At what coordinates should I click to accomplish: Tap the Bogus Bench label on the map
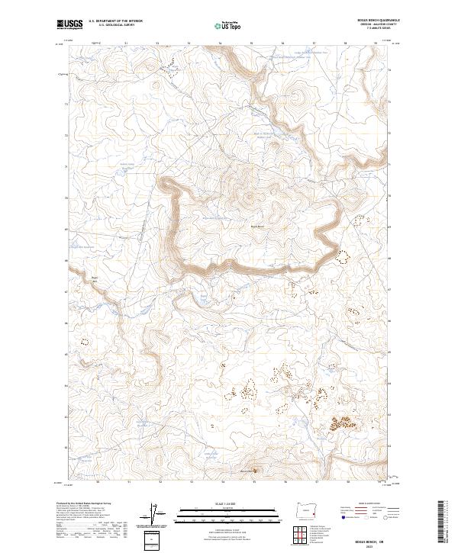pyautogui.click(x=257, y=226)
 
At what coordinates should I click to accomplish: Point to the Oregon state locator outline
pyautogui.click(x=308, y=508)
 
